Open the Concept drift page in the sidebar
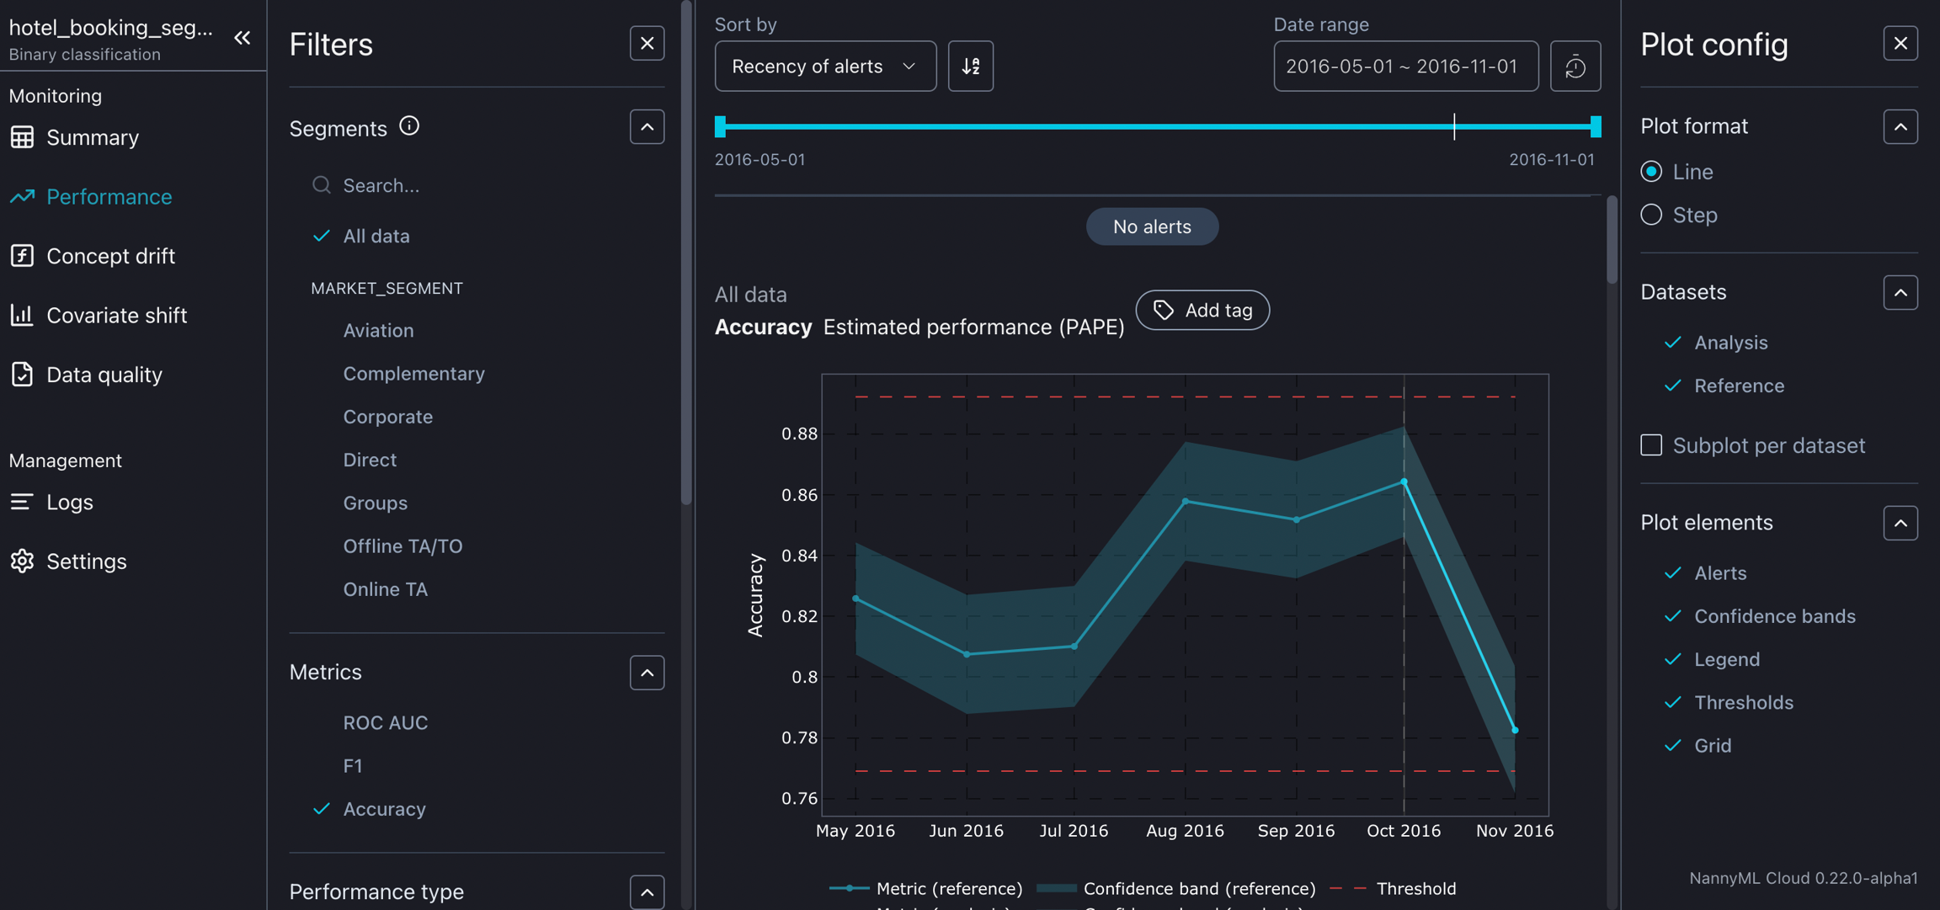[x=110, y=256]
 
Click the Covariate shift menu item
[x=116, y=316]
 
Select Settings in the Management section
[x=86, y=561]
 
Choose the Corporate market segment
[x=387, y=417]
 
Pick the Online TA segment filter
[x=385, y=589]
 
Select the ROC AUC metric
[x=385, y=722]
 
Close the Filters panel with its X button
[x=647, y=44]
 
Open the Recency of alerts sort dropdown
[x=824, y=67]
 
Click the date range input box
[x=1404, y=67]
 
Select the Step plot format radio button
[x=1651, y=215]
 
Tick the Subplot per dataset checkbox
[x=1651, y=445]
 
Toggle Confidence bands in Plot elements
[x=1774, y=616]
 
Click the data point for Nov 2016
[x=1515, y=730]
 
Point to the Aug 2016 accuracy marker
[x=1186, y=502]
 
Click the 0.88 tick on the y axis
[x=799, y=434]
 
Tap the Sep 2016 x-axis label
[x=1295, y=831]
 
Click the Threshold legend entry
[x=1415, y=888]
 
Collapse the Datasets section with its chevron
[x=1900, y=293]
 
